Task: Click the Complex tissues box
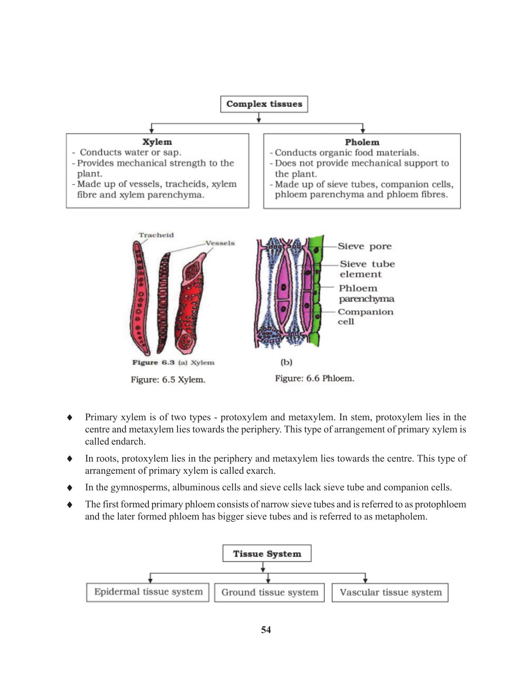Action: point(264,104)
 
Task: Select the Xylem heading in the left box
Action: point(157,142)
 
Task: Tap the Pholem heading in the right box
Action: point(362,142)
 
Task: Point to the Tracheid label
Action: point(156,235)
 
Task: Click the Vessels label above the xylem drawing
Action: point(220,243)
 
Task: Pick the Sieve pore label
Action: point(365,246)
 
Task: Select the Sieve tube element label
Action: point(367,269)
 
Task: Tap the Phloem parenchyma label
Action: point(366,293)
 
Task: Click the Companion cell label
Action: point(365,317)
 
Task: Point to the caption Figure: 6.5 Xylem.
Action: point(168,380)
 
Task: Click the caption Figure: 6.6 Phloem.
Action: point(314,379)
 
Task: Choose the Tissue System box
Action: point(267,554)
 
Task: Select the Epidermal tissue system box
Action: point(148,592)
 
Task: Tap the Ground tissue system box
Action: point(270,592)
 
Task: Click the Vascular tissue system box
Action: point(390,592)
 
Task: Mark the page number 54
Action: point(266,630)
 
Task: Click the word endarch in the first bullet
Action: point(128,441)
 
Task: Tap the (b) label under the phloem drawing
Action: point(286,362)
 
